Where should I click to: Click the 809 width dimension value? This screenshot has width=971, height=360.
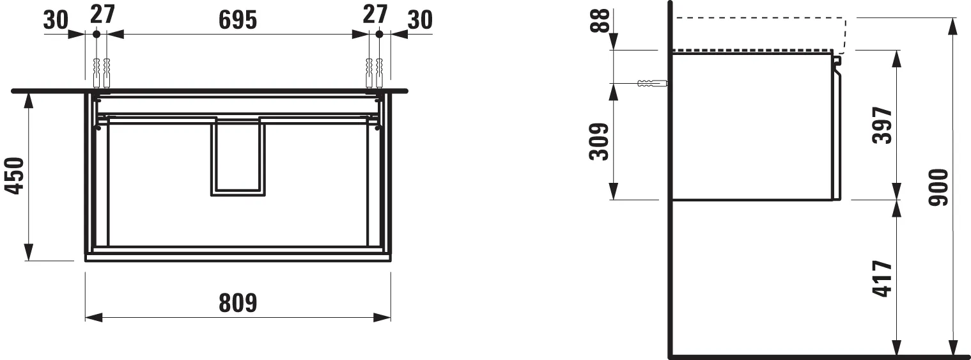pos(238,302)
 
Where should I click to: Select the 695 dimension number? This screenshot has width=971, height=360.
pos(237,20)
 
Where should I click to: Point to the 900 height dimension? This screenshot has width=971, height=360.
pos(938,187)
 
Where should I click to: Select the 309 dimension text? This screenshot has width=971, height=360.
pos(598,142)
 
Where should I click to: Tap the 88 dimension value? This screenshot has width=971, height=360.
pos(598,26)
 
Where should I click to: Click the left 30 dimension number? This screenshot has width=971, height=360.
pos(56,20)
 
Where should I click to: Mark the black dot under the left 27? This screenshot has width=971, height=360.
pos(96,34)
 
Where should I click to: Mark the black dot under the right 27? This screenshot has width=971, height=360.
pos(378,34)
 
